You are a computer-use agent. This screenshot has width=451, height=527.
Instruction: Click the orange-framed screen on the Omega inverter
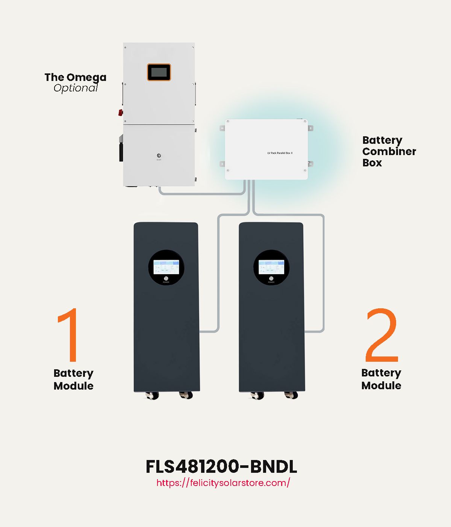(159, 72)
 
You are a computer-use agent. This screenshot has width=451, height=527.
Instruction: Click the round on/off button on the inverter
(159, 155)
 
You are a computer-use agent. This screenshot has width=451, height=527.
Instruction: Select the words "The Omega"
(75, 78)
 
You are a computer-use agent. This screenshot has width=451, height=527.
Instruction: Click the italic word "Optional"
(76, 88)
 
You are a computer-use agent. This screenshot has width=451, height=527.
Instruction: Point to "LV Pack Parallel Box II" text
(280, 153)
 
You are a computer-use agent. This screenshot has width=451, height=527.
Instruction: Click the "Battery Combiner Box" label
(389, 151)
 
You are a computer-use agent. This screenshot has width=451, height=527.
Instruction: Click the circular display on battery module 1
(166, 267)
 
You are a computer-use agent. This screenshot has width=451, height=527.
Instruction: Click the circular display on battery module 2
(271, 267)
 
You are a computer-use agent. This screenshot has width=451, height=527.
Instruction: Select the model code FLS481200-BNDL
(221, 467)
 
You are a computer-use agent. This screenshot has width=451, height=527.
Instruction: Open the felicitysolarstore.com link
(223, 483)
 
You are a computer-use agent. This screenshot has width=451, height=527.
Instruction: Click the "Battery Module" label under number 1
(74, 379)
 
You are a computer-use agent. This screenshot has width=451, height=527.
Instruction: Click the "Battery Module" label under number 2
(381, 379)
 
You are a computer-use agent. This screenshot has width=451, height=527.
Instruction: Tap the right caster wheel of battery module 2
(292, 395)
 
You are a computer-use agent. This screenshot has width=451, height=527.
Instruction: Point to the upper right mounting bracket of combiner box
(310, 128)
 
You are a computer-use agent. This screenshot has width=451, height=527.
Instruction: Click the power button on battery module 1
(166, 279)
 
